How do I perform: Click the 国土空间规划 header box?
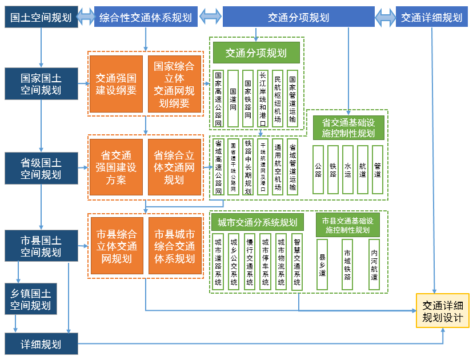(x=41, y=17)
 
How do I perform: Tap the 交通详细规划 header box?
(x=431, y=17)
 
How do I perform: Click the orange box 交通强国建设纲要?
(x=116, y=83)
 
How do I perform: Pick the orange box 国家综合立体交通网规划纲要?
(x=174, y=83)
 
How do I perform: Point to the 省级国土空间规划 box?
(x=41, y=168)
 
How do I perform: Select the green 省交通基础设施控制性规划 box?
(x=348, y=128)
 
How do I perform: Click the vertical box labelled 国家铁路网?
(x=247, y=98)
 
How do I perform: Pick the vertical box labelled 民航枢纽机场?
(x=277, y=98)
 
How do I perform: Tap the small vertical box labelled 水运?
(x=347, y=170)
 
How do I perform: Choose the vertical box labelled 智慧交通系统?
(x=296, y=261)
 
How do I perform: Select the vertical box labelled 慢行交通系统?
(x=249, y=261)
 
